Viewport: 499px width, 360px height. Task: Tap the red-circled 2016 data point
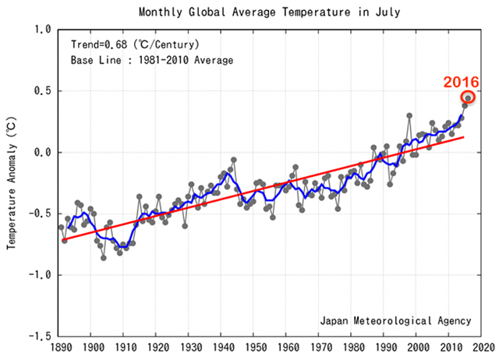click(x=468, y=97)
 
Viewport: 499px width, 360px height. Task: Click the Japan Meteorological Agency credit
click(x=395, y=320)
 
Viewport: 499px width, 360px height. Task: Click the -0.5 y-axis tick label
click(x=40, y=214)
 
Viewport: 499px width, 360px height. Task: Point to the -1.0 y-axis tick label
click(x=40, y=275)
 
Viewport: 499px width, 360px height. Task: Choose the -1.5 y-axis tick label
click(x=40, y=337)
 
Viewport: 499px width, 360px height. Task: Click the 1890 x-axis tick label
click(x=60, y=348)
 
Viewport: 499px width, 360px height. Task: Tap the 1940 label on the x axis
click(x=223, y=348)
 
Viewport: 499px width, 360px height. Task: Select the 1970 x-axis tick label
click(x=320, y=348)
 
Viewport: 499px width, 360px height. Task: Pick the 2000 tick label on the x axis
click(x=418, y=348)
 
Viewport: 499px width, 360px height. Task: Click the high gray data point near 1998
click(x=409, y=115)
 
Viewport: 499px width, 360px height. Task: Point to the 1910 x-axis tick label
click(x=125, y=348)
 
